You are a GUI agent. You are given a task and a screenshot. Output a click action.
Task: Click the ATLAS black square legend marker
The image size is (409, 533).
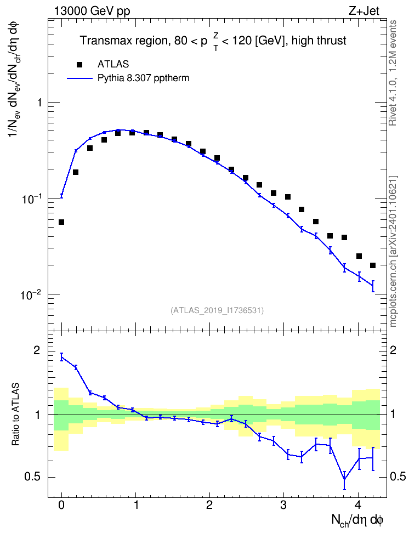coord(79,64)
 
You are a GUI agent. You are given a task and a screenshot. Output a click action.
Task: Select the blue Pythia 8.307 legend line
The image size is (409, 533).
coord(79,78)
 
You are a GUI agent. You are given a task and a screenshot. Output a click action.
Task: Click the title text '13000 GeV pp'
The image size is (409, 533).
coord(92,11)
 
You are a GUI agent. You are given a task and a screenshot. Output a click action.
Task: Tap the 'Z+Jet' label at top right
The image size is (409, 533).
coord(364,11)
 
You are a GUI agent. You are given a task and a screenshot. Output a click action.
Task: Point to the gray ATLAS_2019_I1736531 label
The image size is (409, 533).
coord(217,310)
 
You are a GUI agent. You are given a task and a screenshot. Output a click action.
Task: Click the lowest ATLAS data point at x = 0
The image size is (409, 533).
coord(61,222)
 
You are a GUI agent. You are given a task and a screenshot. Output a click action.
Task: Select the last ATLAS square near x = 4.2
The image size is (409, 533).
coord(373,265)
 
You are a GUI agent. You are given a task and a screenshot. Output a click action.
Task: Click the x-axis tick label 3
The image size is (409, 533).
coord(283,504)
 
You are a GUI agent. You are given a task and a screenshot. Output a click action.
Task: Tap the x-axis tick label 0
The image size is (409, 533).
coord(61,504)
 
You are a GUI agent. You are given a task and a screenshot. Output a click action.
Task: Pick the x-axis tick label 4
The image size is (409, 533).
coord(357,504)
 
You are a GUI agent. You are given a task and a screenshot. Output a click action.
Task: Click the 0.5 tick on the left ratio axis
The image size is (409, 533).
coord(33,477)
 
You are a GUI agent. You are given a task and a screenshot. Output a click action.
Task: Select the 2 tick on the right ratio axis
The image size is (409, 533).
coord(393,350)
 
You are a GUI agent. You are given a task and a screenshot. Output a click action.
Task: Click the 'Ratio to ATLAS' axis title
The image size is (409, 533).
coord(15,415)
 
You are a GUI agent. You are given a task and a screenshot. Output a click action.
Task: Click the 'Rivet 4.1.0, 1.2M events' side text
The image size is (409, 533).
coord(393,73)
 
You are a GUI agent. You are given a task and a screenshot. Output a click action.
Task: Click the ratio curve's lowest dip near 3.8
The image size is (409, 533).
coord(344,479)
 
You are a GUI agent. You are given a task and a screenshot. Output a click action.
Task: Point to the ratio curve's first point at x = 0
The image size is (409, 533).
coord(61,356)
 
